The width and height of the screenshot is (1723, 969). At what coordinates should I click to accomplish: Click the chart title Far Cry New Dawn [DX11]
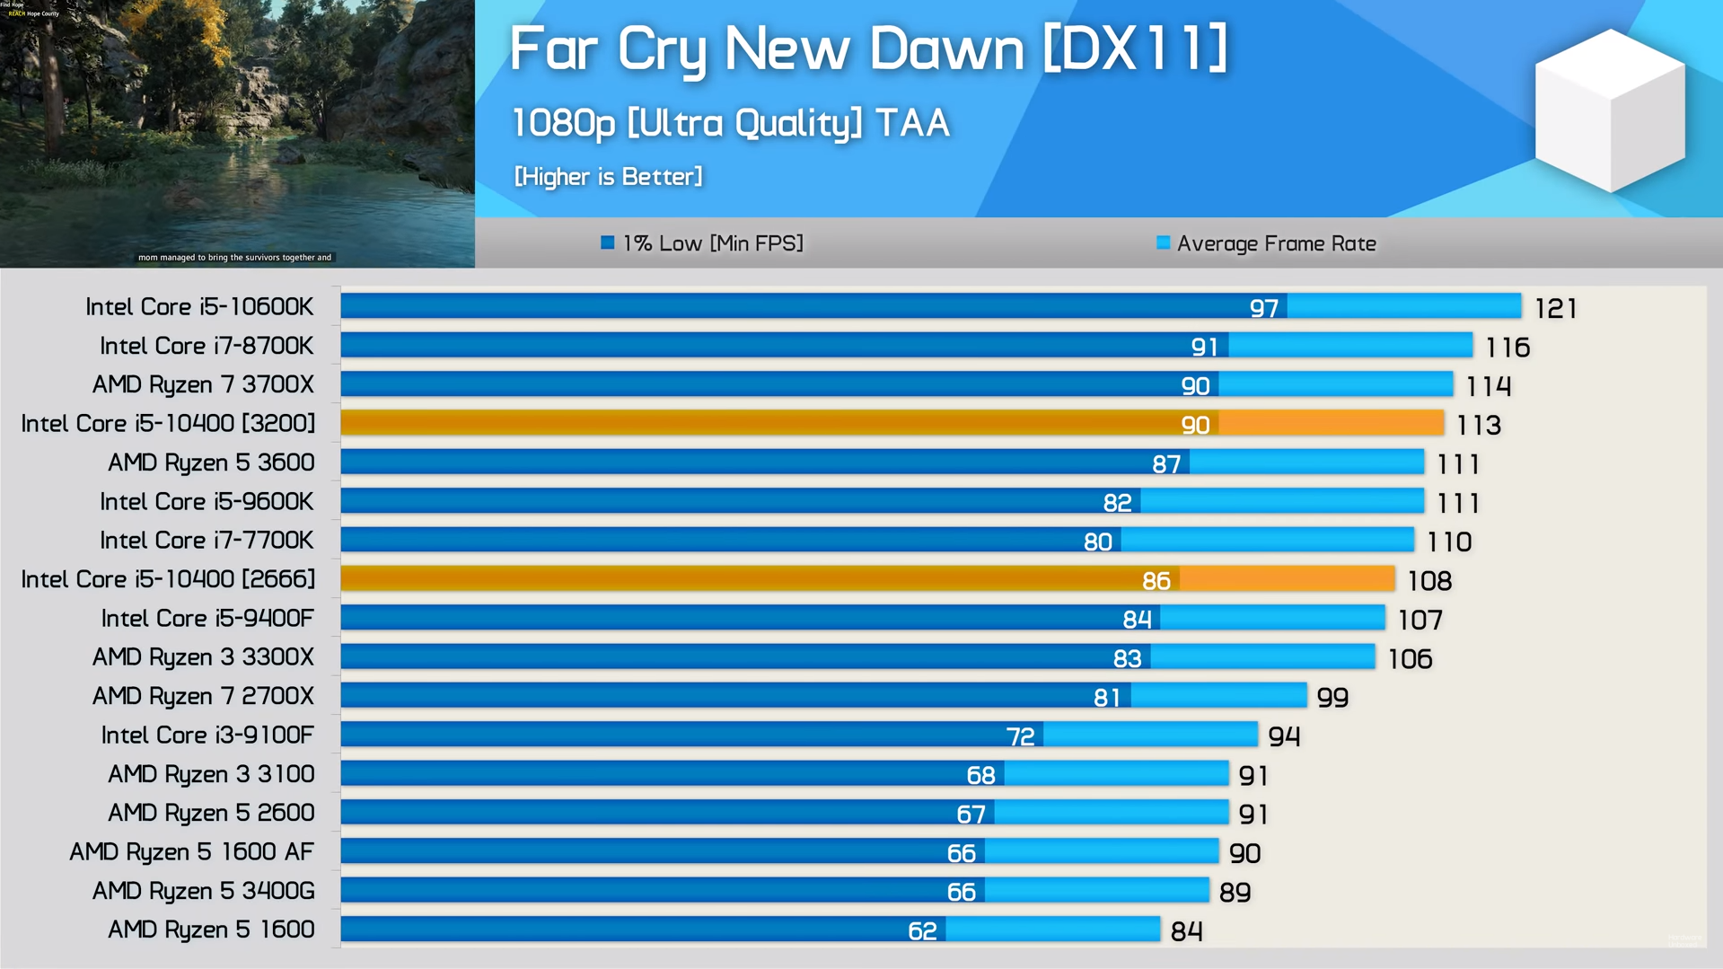[868, 48]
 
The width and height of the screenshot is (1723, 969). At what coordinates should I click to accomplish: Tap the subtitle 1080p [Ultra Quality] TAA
[730, 123]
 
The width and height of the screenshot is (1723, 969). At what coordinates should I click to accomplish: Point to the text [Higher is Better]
[608, 176]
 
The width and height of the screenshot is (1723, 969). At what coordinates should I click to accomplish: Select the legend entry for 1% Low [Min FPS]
[702, 243]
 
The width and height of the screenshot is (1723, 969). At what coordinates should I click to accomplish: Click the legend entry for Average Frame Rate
[1266, 243]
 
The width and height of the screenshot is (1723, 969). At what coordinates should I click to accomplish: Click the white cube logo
[1610, 110]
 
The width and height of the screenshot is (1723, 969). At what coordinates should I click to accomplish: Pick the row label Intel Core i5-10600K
[199, 307]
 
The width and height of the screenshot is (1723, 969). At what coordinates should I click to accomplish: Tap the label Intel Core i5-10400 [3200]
[168, 424]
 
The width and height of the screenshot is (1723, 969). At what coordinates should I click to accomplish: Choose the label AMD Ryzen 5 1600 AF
[192, 851]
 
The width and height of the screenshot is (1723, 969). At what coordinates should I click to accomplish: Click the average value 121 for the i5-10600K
[1555, 309]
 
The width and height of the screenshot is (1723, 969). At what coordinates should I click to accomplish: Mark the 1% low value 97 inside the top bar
[1263, 309]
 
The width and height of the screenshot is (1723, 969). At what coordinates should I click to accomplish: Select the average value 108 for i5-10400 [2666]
[1429, 581]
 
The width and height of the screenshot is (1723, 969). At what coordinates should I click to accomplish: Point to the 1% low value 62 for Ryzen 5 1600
[922, 931]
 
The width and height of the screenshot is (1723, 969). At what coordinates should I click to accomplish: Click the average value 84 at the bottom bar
[1186, 931]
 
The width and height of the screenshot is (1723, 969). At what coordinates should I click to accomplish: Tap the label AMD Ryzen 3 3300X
[203, 657]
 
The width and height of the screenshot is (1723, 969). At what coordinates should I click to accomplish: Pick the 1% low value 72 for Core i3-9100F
[1020, 736]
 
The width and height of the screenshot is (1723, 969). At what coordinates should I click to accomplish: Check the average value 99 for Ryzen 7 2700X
[1332, 698]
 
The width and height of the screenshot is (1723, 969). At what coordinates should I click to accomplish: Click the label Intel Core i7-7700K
[207, 541]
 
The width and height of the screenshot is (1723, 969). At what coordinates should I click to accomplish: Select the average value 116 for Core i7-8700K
[1508, 348]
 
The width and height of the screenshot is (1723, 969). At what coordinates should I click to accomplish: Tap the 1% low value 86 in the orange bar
[1156, 581]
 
